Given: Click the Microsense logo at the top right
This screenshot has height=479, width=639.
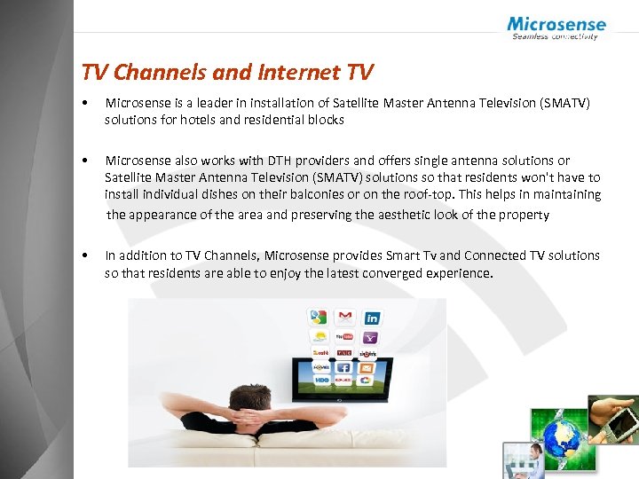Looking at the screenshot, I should tap(556, 27).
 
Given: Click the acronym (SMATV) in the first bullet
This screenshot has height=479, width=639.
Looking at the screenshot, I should tap(559, 104).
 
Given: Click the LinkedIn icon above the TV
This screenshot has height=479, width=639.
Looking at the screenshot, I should tap(372, 318).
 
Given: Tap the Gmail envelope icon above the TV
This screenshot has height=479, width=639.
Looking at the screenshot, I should tap(344, 317).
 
